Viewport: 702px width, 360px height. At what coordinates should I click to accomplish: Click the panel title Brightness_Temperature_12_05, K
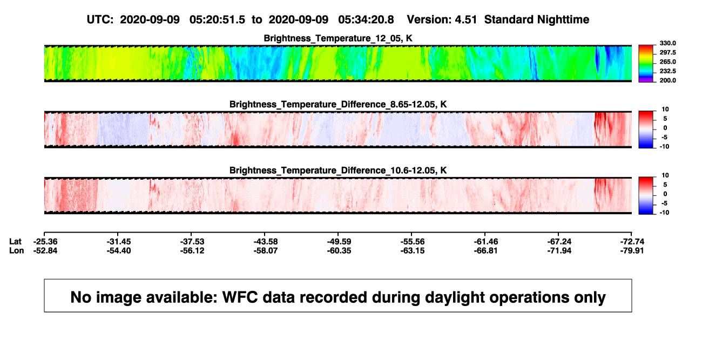click(338, 38)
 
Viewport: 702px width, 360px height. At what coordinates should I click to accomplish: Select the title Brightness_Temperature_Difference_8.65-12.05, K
click(338, 104)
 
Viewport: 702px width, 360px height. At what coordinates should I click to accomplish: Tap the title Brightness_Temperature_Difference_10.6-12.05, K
click(338, 171)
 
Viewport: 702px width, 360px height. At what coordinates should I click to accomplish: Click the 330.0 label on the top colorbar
click(667, 43)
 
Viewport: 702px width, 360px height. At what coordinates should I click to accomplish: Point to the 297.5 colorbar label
click(667, 52)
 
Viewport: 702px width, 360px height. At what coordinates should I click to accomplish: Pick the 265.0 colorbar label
click(667, 62)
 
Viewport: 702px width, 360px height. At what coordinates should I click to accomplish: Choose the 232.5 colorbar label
click(667, 71)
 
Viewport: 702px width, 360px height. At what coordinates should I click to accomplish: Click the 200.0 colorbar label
click(667, 80)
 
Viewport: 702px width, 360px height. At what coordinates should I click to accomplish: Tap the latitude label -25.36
click(45, 242)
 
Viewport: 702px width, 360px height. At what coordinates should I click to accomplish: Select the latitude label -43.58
click(266, 242)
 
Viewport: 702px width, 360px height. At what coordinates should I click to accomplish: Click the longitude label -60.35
click(339, 250)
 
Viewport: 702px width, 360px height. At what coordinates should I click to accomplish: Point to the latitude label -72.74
click(632, 242)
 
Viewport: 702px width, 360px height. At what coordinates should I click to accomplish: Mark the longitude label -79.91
click(632, 250)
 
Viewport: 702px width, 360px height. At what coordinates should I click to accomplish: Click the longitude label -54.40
click(119, 250)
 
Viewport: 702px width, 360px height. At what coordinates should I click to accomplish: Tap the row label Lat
click(15, 242)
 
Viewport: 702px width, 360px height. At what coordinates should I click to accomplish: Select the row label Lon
click(17, 250)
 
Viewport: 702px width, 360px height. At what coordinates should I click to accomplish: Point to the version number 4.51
click(465, 20)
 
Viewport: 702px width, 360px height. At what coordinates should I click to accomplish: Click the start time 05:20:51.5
click(217, 20)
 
